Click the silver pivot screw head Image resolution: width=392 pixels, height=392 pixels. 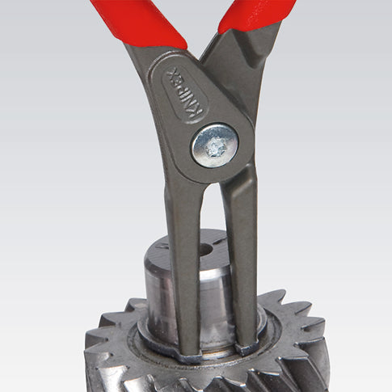215,145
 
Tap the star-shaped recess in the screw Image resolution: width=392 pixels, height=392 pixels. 215,148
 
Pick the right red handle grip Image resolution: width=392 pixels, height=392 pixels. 256,15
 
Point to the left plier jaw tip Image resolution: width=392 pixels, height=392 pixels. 191,353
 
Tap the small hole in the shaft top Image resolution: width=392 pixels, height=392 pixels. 207,250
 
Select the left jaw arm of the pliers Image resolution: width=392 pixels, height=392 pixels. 183,264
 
